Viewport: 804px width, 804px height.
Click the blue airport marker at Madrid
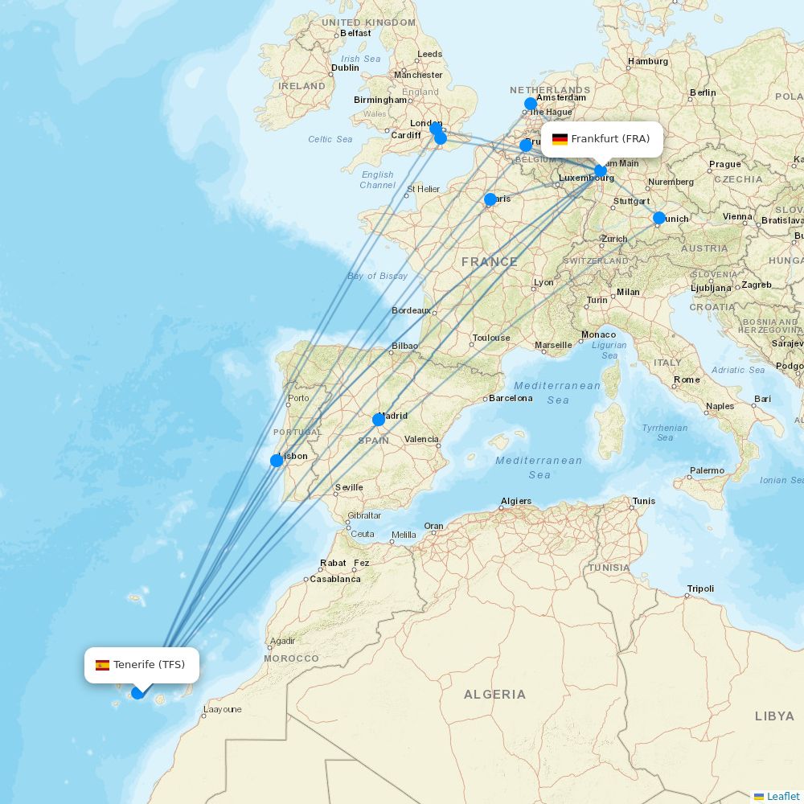pos(379,420)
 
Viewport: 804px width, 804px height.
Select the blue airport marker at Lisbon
pos(277,461)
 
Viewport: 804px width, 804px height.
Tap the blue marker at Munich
pos(659,218)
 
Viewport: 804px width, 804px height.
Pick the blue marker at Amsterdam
pos(531,104)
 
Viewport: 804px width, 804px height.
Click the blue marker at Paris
pos(490,199)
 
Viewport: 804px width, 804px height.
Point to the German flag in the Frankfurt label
pos(560,139)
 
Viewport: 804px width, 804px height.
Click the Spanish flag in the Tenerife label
pos(102,665)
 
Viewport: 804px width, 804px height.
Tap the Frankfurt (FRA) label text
pos(610,139)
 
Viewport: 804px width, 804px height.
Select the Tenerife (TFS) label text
pos(149,665)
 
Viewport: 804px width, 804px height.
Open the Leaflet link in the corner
pos(782,796)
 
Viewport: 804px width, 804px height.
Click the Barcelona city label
pos(511,398)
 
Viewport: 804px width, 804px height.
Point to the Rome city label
pos(687,379)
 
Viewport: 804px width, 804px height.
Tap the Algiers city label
pos(515,501)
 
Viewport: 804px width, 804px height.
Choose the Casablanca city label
pos(335,579)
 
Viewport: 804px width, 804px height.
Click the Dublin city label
pos(345,68)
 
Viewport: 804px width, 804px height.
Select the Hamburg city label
pos(648,61)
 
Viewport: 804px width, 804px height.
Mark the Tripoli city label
pos(700,589)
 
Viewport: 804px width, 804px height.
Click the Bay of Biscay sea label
pos(377,276)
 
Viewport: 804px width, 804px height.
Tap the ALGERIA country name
pos(494,694)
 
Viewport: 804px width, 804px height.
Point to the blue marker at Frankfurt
pos(600,171)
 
